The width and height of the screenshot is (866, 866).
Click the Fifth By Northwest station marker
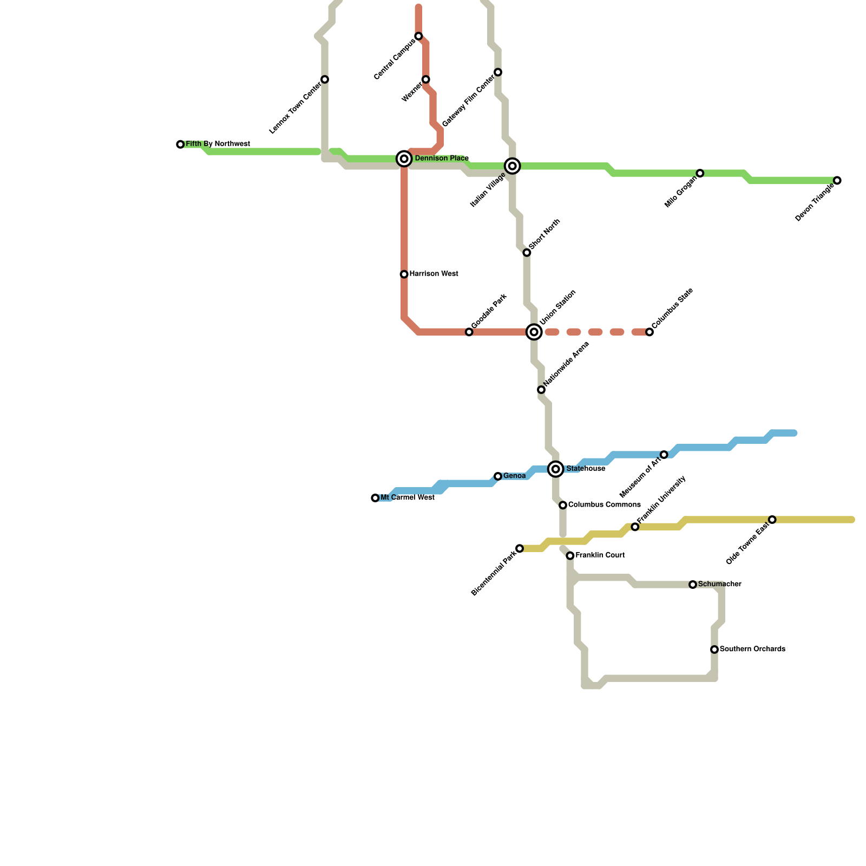click(180, 145)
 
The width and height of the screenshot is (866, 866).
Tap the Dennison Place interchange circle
click(404, 159)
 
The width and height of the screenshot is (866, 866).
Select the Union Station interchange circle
click(534, 332)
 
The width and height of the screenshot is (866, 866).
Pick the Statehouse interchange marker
click(556, 469)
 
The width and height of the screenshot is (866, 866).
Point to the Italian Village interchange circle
click(513, 166)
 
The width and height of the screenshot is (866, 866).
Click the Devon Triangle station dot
click(837, 180)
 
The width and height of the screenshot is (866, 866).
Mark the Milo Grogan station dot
click(700, 173)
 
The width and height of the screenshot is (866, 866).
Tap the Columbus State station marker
click(649, 332)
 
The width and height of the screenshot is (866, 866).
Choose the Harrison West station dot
click(404, 274)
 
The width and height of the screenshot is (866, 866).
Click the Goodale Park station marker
click(469, 332)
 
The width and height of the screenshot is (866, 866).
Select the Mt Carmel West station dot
click(375, 498)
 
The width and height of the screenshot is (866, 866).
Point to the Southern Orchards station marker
click(714, 649)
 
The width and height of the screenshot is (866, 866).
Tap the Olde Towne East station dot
click(772, 520)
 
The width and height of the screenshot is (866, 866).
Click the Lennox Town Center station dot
click(325, 80)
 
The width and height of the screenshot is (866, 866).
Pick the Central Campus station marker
click(418, 36)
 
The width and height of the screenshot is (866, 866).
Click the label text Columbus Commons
click(604, 505)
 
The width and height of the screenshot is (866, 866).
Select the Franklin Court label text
click(600, 555)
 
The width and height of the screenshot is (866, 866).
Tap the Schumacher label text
click(719, 585)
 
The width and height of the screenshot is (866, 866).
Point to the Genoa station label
click(514, 476)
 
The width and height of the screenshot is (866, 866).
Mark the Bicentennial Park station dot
click(520, 549)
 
